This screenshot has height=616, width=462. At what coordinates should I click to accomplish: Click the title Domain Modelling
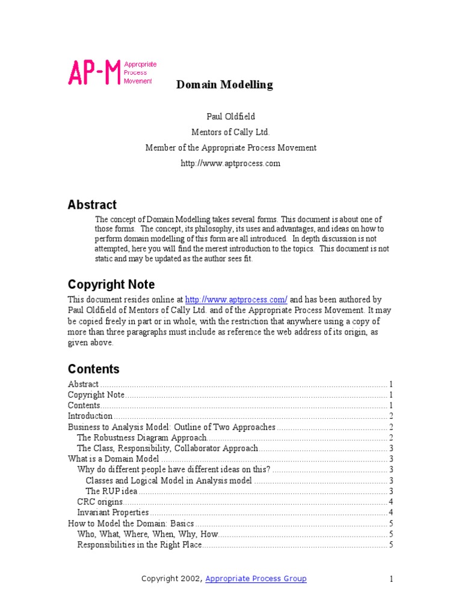(224, 85)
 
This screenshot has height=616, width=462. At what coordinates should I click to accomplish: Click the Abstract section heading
(92, 205)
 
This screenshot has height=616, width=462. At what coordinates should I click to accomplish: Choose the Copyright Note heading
(111, 285)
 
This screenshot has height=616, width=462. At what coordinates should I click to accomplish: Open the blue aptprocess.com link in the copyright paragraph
(236, 300)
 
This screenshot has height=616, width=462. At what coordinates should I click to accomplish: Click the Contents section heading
(94, 369)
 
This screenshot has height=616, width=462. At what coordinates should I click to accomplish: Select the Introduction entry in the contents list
(90, 416)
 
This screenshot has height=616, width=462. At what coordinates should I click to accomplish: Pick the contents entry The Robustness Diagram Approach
(142, 438)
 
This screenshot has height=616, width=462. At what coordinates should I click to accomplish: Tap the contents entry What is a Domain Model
(114, 459)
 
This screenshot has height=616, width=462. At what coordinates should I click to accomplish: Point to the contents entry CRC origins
(100, 502)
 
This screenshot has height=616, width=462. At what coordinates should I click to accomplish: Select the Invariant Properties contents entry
(113, 513)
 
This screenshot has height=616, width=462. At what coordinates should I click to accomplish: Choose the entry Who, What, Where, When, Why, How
(148, 534)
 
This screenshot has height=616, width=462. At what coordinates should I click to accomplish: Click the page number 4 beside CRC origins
(391, 502)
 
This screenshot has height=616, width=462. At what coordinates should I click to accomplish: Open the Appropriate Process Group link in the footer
(256, 579)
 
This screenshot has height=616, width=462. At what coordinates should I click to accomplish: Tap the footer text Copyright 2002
(171, 579)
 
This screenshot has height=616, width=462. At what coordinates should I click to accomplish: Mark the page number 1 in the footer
(391, 579)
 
